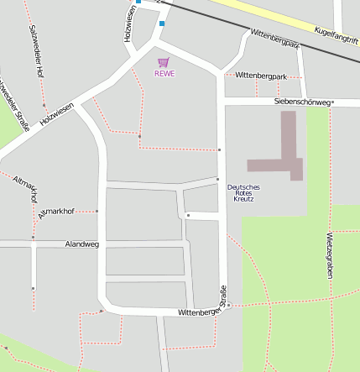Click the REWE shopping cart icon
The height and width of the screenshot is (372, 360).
click(163, 62)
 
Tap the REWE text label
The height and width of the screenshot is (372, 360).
click(164, 73)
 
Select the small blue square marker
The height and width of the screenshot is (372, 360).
click(162, 24)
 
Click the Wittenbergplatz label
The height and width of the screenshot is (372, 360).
click(274, 39)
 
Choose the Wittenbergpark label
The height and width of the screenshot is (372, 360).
click(261, 76)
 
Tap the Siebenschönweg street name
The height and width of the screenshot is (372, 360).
click(302, 102)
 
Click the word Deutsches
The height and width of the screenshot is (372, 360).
click(243, 186)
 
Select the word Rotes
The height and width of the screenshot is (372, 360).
click(243, 193)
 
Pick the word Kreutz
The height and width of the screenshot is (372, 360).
click(243, 200)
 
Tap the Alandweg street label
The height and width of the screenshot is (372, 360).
click(81, 244)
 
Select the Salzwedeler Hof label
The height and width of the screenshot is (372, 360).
click(36, 51)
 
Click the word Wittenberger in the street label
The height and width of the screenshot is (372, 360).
click(198, 312)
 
